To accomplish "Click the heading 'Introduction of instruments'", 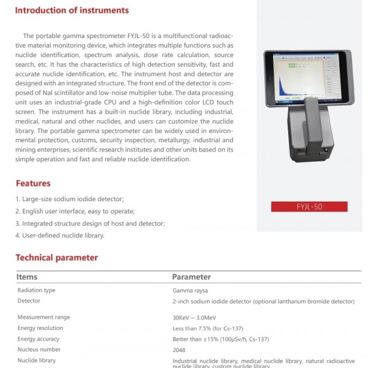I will pos(72,10).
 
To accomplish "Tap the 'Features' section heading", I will pos(33,183).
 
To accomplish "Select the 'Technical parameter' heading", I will pos(56,258).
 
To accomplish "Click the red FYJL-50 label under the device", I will pos(309,207).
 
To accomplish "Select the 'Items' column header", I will pos(27,277).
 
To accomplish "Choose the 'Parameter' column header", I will pos(191,277).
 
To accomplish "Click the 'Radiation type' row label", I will pos(36,290).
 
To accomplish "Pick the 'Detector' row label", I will pos(29,301).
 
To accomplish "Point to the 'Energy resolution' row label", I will pos(40,328).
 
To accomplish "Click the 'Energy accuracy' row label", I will pos(38,339).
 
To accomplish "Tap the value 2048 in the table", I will pos(180,350).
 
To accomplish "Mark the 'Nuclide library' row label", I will pos(36,361).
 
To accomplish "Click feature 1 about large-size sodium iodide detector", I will pos(69,199).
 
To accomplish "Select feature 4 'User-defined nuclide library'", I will pos(59,236).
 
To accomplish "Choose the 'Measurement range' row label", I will pos(44,317).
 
